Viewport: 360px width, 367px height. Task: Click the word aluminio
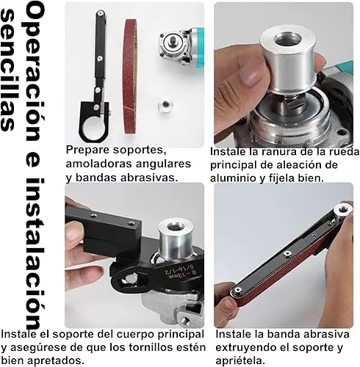pos(234,178)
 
